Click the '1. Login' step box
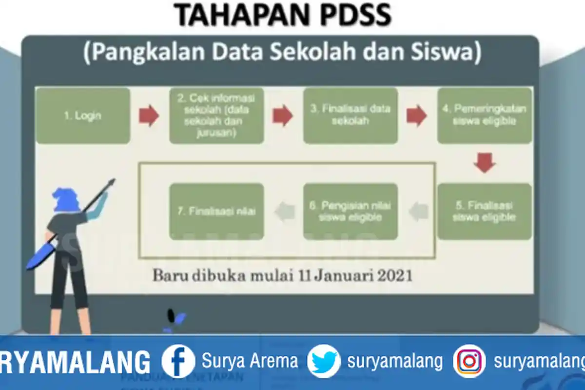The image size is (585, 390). click(83, 116)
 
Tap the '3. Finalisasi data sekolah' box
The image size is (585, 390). click(350, 116)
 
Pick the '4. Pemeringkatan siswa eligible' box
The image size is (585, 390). click(484, 116)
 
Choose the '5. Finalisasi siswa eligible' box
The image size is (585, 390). click(484, 211)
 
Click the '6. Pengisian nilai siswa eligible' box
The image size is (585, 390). click(350, 211)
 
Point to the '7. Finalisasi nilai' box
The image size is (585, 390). click(216, 211)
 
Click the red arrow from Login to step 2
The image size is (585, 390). click(149, 116)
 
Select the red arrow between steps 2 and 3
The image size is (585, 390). click(283, 116)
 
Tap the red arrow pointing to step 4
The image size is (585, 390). click(417, 116)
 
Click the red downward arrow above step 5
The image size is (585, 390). click(485, 162)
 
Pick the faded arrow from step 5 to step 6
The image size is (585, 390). click(418, 212)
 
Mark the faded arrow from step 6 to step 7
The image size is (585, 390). click(285, 212)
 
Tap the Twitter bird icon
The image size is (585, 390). click(324, 361)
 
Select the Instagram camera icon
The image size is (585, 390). click(469, 361)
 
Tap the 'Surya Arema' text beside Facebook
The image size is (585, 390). click(250, 361)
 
